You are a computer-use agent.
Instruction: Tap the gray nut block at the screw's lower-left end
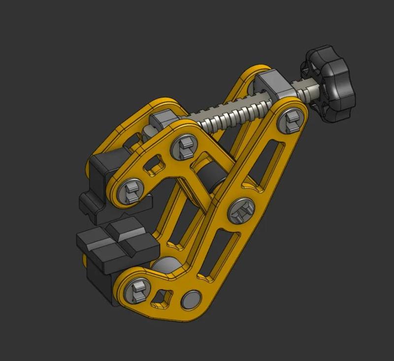click(x=162, y=121)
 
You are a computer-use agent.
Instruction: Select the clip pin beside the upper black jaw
click(x=131, y=190)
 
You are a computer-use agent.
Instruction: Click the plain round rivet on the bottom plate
click(x=191, y=300)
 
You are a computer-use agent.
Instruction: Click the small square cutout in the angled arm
click(x=158, y=162)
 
